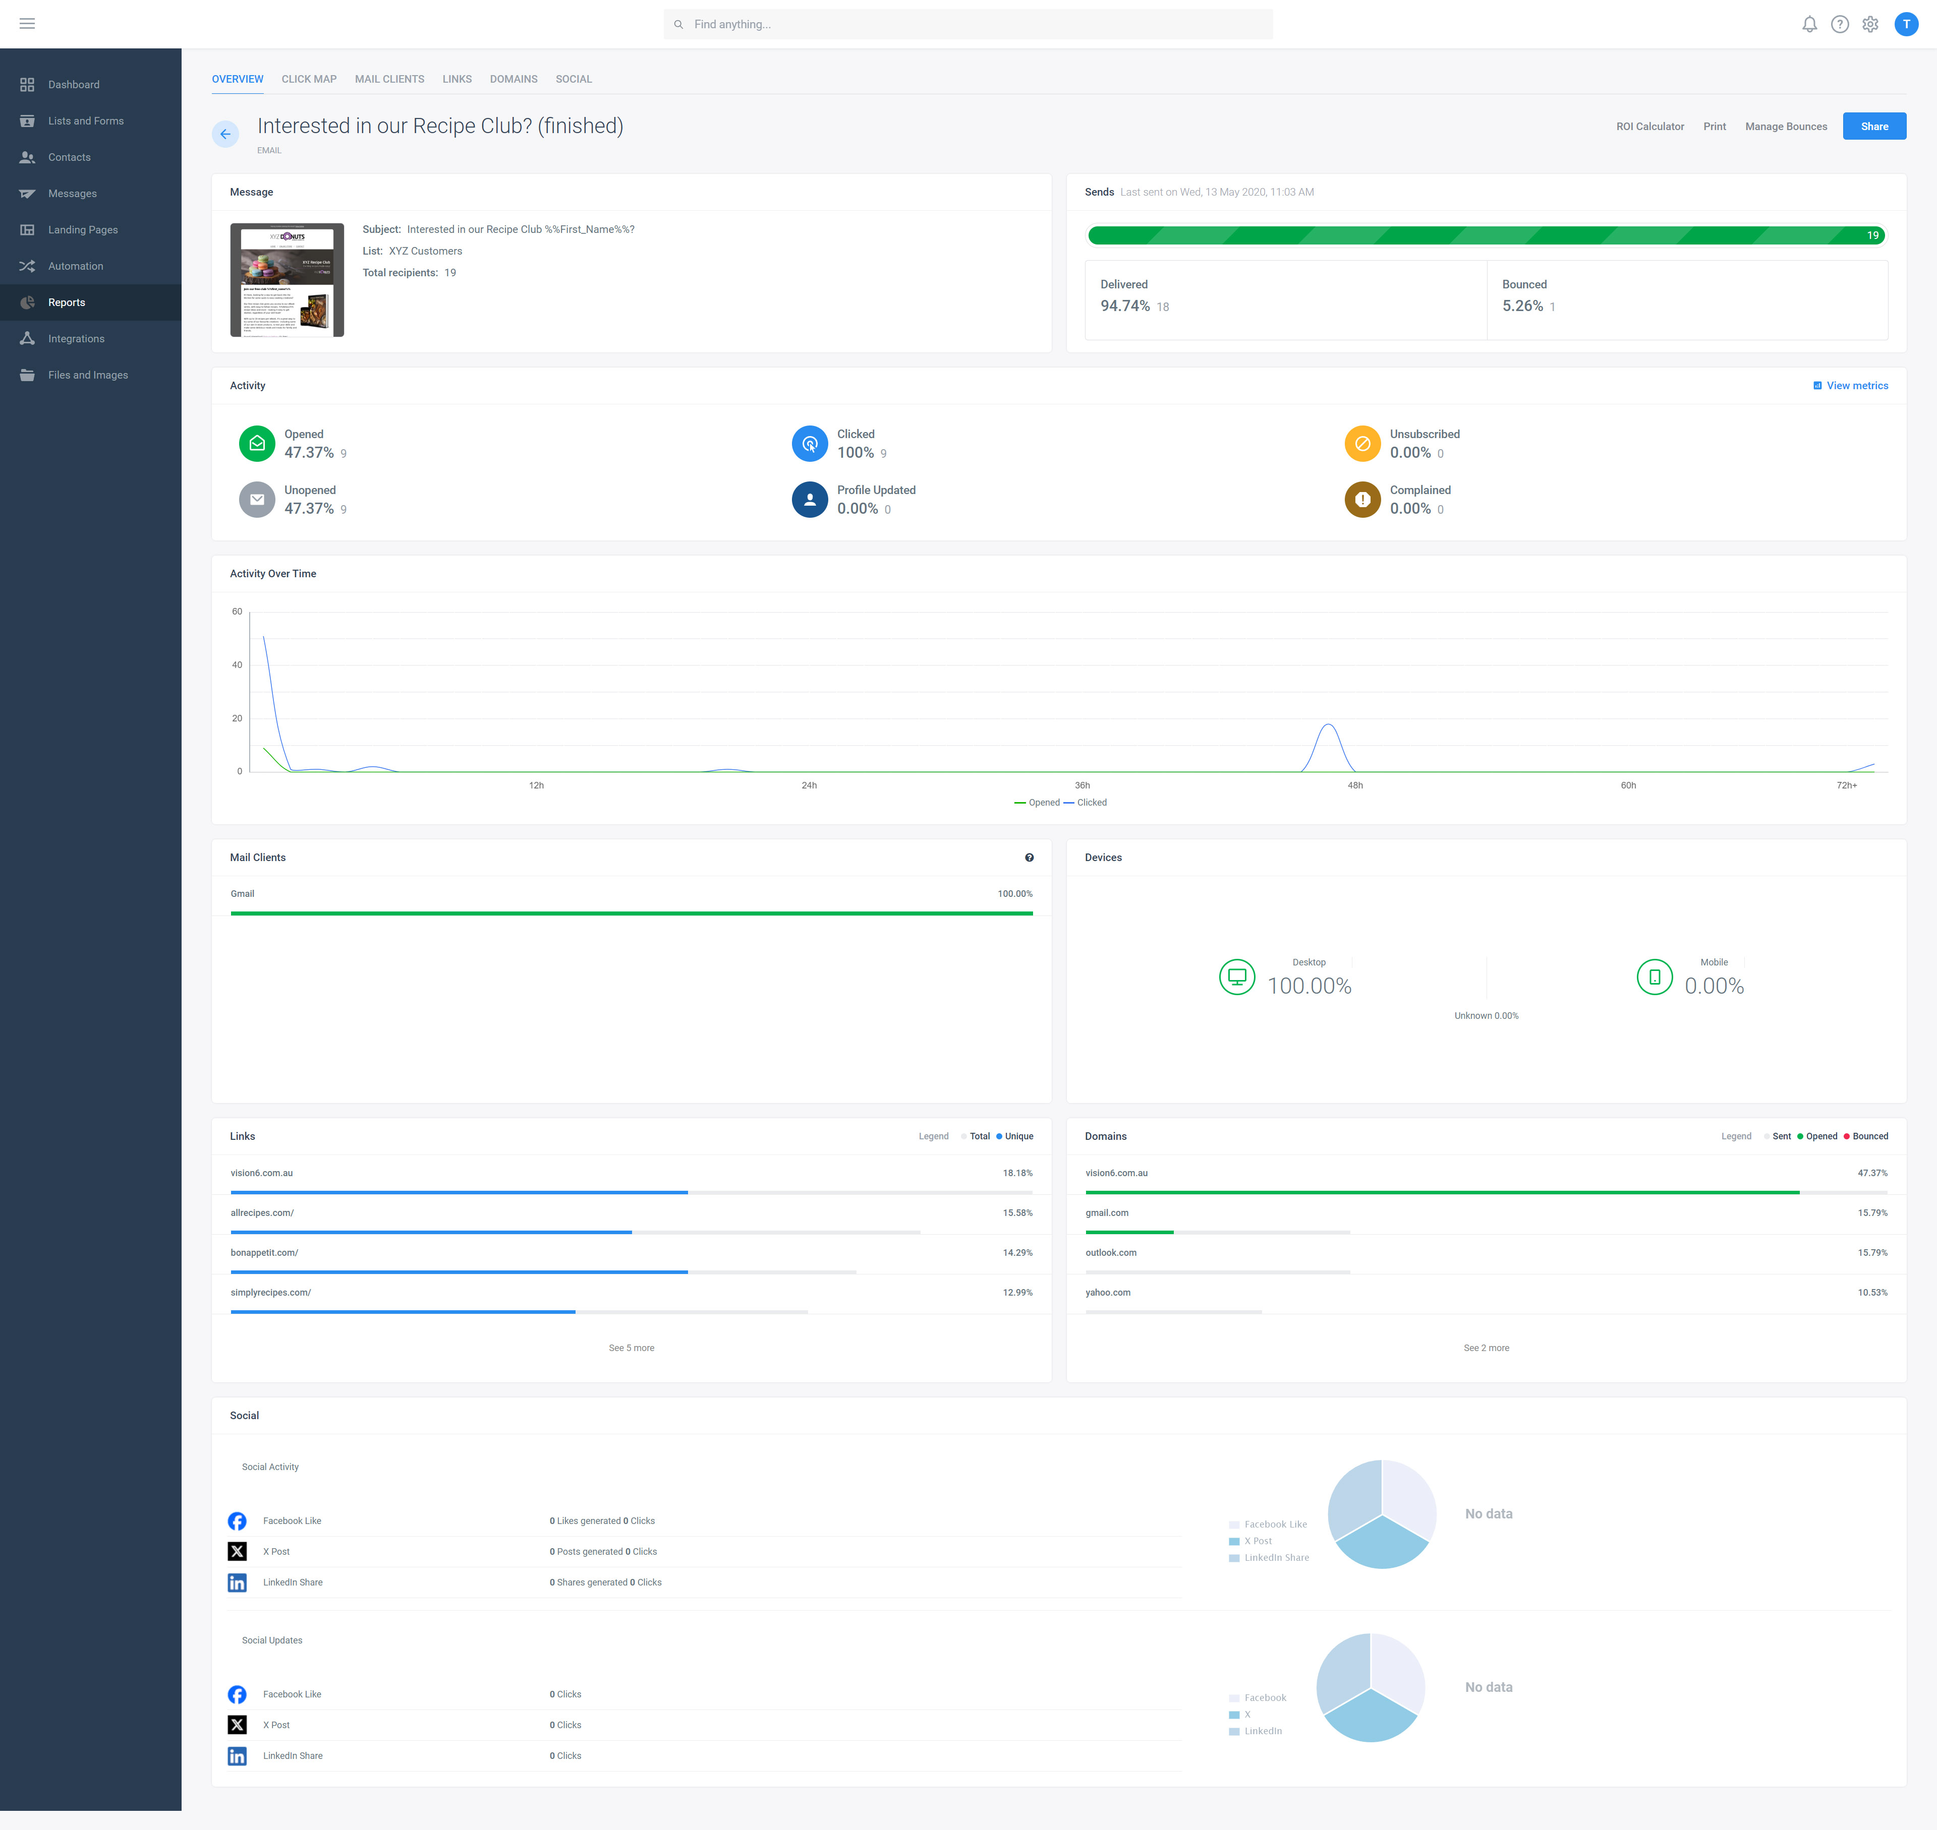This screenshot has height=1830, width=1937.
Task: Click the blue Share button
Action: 1873,126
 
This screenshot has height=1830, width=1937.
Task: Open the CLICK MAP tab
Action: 308,79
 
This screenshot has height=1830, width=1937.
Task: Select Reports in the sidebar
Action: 67,302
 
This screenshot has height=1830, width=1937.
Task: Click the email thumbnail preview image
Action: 287,280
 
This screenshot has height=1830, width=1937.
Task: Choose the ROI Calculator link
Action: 1649,127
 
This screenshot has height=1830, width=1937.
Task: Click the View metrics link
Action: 1856,385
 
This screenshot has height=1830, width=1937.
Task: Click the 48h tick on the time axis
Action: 1354,785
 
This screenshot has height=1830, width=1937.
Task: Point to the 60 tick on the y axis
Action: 237,612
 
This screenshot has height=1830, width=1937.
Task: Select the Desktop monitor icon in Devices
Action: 1236,977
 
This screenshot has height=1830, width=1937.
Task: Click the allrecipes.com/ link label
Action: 261,1212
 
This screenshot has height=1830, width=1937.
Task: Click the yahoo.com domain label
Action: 1108,1293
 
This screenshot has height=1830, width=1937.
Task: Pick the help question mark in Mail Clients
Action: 1029,858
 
